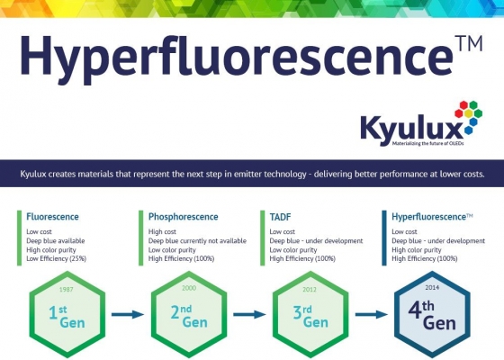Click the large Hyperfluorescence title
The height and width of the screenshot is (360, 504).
237,58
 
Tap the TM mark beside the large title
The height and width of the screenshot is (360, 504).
469,44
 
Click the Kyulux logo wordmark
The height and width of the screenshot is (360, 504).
412,130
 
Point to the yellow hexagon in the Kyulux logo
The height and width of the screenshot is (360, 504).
468,113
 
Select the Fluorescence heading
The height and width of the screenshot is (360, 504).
52,217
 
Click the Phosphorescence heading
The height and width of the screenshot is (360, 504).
184,217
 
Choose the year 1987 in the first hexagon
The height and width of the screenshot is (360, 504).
67,289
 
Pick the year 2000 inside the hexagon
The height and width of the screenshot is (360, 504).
189,288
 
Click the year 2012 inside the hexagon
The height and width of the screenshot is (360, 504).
310,290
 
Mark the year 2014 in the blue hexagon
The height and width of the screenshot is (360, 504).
432,287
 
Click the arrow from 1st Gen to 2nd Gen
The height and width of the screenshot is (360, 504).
128,314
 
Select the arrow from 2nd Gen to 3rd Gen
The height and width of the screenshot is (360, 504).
249,314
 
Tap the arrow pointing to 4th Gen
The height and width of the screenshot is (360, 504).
371,314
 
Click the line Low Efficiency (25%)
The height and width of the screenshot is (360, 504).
56,258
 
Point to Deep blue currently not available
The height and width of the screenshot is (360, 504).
197,241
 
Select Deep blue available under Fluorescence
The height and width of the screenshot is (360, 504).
56,241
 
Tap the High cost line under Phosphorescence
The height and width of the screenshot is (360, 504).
162,231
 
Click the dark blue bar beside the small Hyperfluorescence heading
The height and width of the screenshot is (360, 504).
384,238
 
